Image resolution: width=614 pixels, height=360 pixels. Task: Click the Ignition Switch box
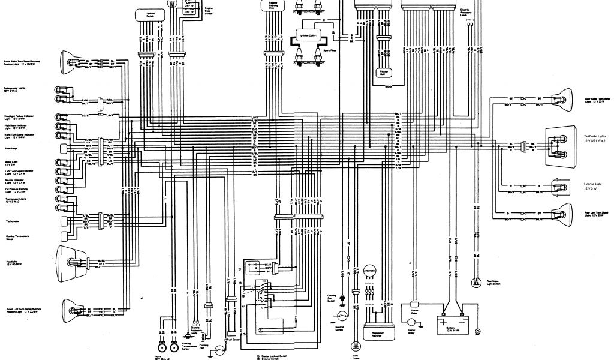pos(145,13)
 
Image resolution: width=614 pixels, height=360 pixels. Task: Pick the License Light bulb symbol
pos(564,186)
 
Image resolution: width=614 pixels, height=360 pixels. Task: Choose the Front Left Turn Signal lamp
pos(71,310)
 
